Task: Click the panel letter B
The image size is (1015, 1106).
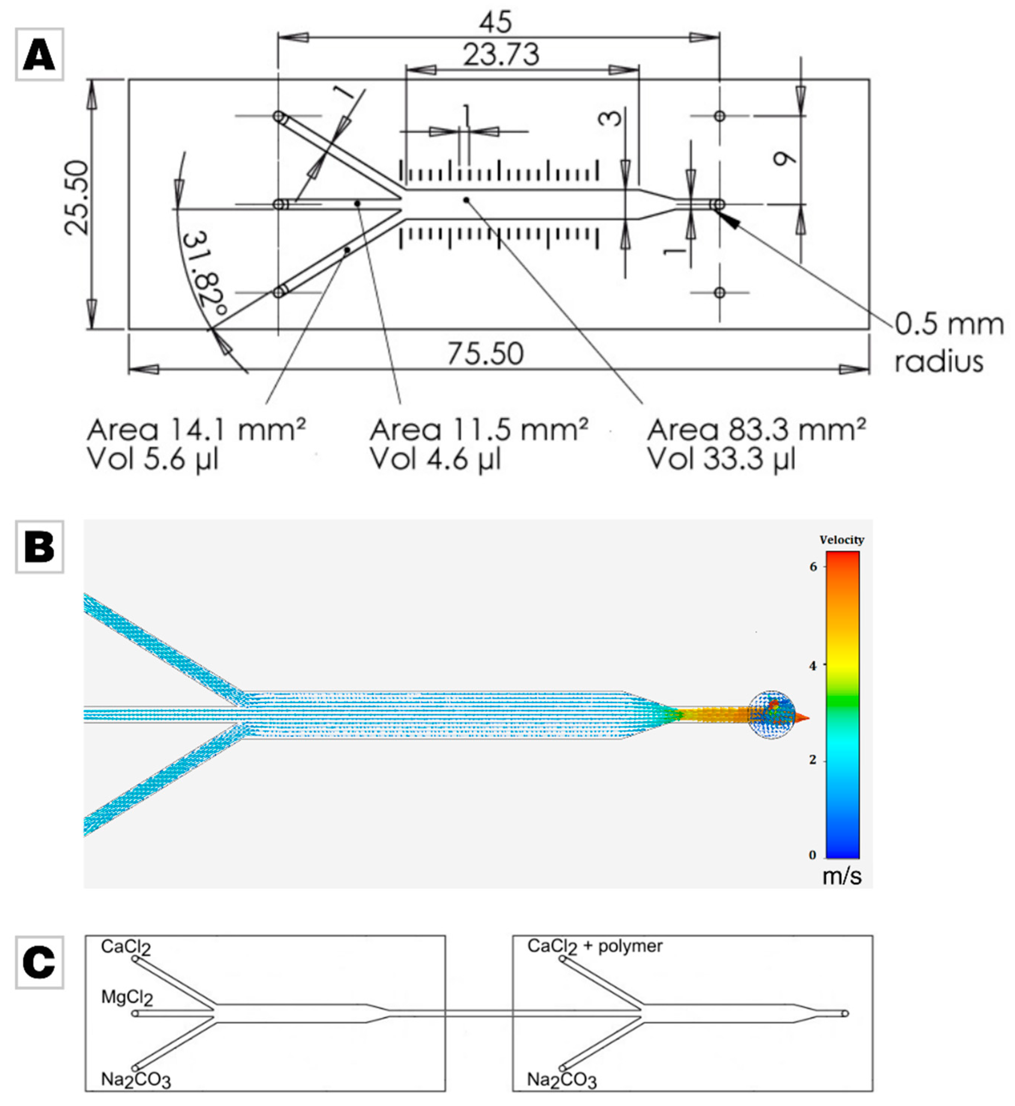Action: tap(39, 547)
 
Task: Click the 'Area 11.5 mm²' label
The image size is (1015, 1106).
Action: tap(478, 430)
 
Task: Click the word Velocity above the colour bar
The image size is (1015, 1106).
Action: tap(841, 540)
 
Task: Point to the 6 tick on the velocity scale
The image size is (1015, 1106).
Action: tap(813, 567)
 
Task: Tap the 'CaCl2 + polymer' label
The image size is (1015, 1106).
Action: tap(595, 946)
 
